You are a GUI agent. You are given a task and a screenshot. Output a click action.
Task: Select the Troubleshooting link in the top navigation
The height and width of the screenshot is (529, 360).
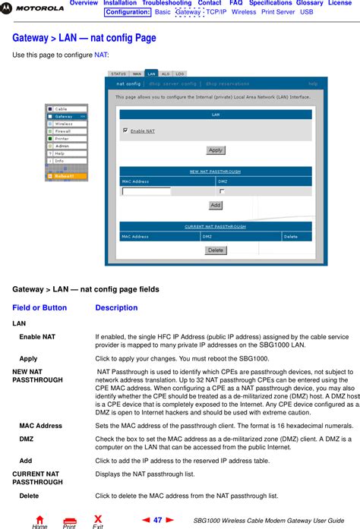(166, 4)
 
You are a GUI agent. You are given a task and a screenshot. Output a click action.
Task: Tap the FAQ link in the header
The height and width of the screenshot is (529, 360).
(235, 4)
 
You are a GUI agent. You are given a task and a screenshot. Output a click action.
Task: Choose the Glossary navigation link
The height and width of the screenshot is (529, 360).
(309, 4)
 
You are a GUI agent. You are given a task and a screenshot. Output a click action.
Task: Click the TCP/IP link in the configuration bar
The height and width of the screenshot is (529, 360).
(216, 12)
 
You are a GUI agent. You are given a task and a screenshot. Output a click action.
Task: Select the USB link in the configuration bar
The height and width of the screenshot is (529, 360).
(306, 12)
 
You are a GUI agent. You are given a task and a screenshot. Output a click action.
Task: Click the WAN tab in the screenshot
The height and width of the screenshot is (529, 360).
(137, 74)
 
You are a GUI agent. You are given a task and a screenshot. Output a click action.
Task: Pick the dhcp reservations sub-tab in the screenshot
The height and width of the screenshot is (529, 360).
(229, 83)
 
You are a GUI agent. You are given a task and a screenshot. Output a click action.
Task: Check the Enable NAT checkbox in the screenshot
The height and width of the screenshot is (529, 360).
(125, 131)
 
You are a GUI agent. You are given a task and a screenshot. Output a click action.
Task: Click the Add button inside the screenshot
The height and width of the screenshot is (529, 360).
(216, 205)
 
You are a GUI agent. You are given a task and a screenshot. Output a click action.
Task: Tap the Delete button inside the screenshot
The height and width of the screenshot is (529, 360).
(216, 250)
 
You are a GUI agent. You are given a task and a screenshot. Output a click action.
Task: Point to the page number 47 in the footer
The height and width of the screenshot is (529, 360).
(158, 520)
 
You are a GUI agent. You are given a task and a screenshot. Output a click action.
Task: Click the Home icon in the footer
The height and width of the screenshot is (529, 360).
(39, 521)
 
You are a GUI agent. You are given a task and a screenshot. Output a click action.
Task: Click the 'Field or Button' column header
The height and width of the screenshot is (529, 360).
(39, 308)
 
